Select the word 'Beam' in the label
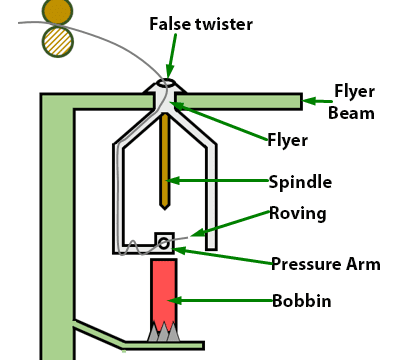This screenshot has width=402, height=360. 351,113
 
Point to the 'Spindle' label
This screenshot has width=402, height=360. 300,182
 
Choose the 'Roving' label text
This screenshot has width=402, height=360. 298,213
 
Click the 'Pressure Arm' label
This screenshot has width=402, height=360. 326,264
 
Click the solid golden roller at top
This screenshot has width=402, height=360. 58,11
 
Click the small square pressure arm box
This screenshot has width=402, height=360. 163,242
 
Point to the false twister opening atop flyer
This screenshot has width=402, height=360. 165,84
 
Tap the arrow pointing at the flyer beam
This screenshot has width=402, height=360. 316,100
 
